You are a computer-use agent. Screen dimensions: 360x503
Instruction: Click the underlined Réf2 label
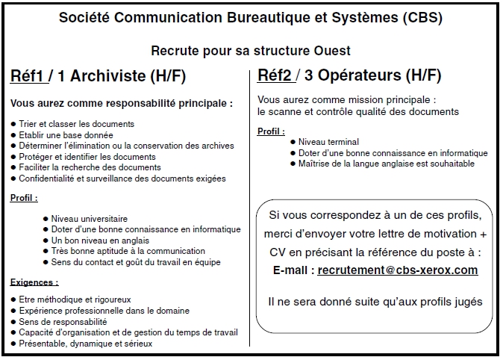pos(275,75)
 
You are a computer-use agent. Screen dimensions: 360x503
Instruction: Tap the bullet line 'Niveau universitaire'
pos(90,218)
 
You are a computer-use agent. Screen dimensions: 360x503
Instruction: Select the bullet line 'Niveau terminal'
pos(328,142)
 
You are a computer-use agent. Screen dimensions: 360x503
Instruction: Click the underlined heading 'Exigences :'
pos(34,282)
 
